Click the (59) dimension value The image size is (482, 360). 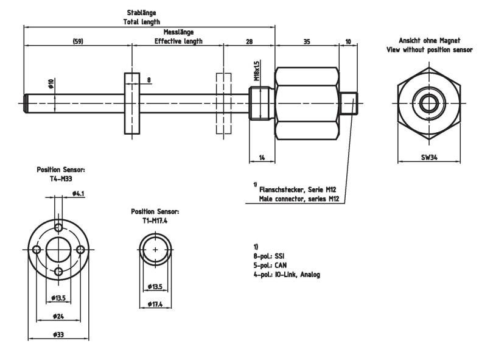(x=78, y=41)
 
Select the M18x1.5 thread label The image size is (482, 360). (x=257, y=71)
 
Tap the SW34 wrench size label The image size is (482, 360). (x=429, y=157)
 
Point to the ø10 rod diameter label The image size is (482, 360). (x=51, y=83)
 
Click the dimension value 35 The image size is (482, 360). (x=307, y=41)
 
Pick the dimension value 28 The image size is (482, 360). (x=250, y=41)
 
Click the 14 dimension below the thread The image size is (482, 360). (x=262, y=158)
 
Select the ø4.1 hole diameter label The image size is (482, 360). (x=79, y=194)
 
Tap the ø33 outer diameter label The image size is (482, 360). (x=58, y=334)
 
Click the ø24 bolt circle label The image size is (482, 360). (x=58, y=316)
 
